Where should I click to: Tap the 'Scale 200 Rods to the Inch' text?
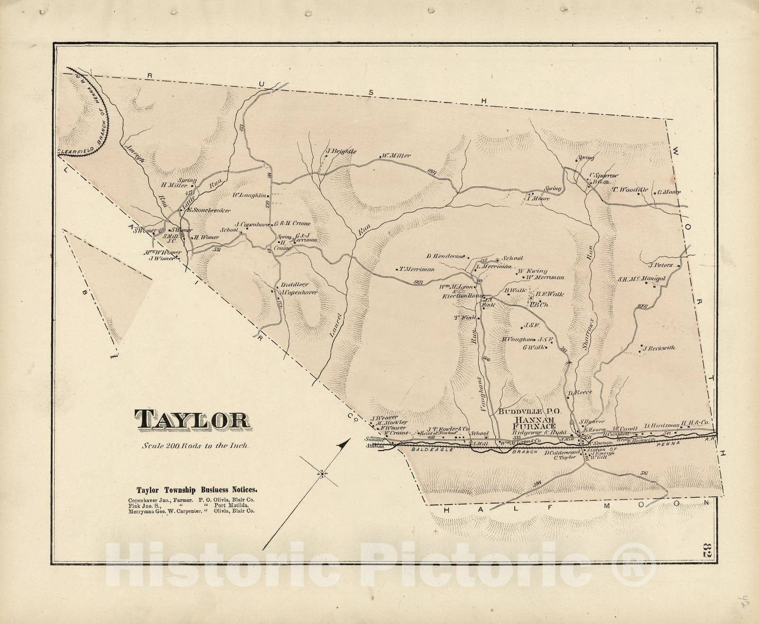pyautogui.click(x=192, y=446)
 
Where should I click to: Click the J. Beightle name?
pyautogui.click(x=340, y=152)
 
